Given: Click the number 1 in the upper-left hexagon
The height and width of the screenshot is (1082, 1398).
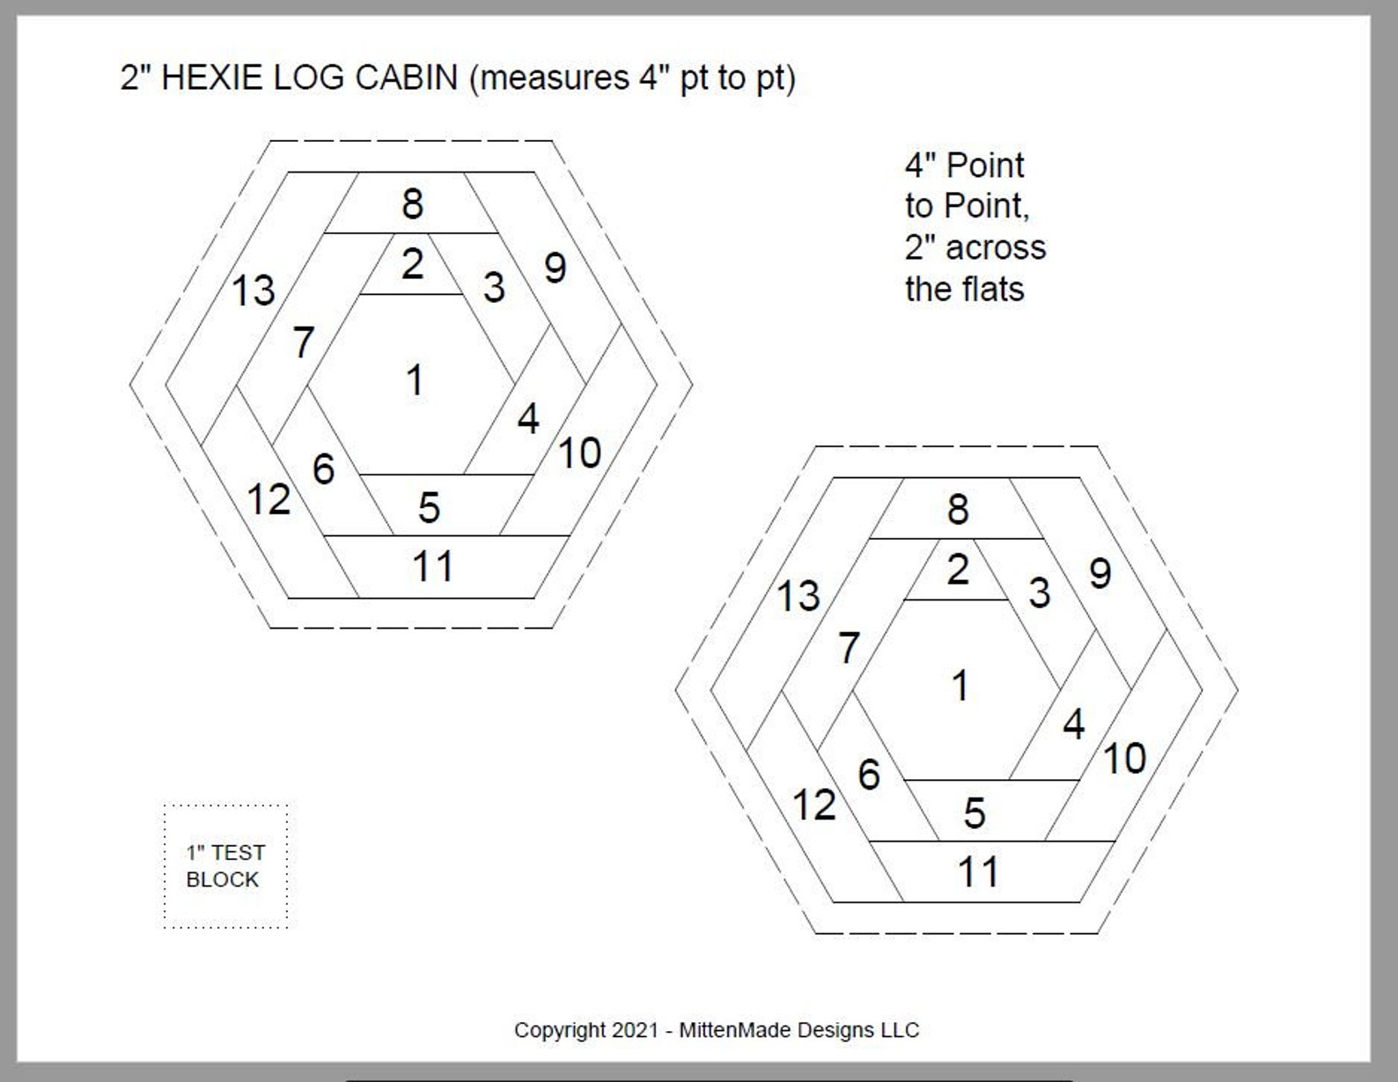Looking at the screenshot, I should point(415,380).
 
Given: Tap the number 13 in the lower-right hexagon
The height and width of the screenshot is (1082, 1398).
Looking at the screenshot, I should point(798,596).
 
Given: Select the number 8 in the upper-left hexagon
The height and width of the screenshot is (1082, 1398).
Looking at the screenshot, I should point(412,204).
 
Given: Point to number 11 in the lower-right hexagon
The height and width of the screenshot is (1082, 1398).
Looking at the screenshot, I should point(977,872).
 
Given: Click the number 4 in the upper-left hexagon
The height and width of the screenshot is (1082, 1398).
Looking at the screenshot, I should point(528,419).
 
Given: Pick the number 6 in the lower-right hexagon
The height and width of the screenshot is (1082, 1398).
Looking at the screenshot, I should point(869,775).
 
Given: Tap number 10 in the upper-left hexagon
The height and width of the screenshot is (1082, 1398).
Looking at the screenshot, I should point(579,453).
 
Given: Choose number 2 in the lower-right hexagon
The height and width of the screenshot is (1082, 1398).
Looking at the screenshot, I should point(958,570).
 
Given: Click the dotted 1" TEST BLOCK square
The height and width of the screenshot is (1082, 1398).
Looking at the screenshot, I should point(225,865).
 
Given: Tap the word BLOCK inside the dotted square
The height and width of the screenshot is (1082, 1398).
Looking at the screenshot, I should point(223,880).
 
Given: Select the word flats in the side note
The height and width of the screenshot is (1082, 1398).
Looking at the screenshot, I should point(994,289).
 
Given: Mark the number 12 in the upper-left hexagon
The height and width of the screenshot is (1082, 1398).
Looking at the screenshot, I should point(269,500).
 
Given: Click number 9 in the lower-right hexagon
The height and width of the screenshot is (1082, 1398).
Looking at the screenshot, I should point(1100,573).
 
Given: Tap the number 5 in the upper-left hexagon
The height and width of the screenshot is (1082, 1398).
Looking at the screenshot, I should point(429,507).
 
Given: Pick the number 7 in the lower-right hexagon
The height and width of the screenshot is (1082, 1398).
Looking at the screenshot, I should point(849,648).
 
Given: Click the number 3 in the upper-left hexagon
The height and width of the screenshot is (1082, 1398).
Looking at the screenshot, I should point(494,287).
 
